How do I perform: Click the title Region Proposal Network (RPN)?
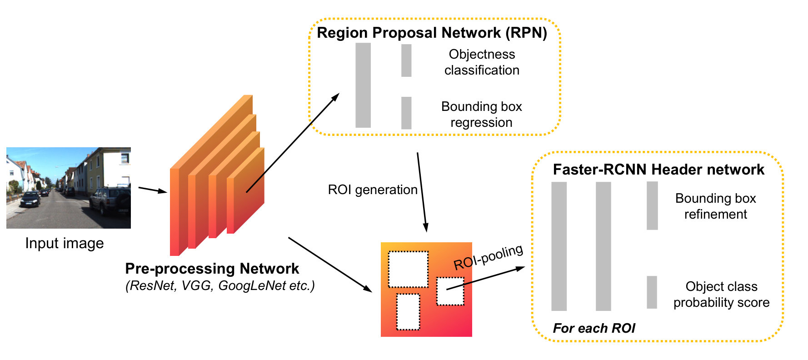(432, 33)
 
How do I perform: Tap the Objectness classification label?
(482, 62)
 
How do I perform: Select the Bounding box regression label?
(482, 115)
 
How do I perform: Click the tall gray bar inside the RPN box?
(363, 85)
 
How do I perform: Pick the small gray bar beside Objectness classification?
(406, 60)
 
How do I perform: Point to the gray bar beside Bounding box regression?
(406, 113)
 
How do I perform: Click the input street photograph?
(69, 188)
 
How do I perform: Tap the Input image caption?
(65, 243)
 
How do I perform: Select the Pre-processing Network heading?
(212, 269)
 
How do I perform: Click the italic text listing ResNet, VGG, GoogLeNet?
(220, 286)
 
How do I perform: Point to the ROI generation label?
(373, 190)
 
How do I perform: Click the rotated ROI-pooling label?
(489, 257)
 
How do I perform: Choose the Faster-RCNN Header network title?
(658, 170)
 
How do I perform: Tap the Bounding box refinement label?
(716, 206)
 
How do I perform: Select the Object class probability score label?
(722, 295)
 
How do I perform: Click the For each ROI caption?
(594, 328)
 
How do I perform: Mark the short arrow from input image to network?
(153, 190)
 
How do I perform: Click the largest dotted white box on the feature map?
(408, 269)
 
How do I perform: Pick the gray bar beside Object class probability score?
(652, 292)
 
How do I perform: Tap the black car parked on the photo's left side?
(30, 199)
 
